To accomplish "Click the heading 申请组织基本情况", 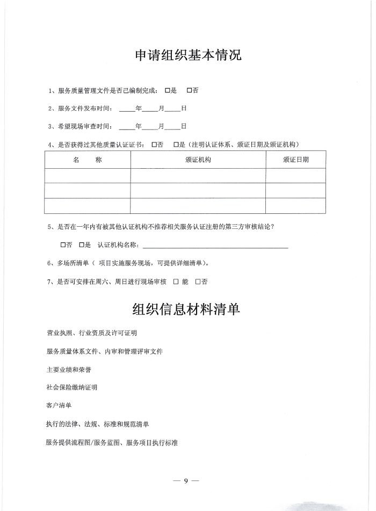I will tap(187, 55).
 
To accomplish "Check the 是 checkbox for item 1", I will tap(168, 91).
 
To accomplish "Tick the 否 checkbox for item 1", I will tap(189, 91).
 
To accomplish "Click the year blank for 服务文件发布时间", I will tap(127, 109).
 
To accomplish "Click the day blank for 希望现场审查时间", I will tap(172, 127).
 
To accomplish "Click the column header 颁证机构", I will tap(198, 160).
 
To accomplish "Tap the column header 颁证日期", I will tap(295, 160).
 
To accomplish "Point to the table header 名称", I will tap(87, 160).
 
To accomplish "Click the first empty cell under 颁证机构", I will tap(198, 176).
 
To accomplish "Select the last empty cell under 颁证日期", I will tap(295, 206).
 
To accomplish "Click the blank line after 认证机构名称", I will tap(215, 246).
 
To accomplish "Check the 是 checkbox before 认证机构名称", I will tap(81, 246).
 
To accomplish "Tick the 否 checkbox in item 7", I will tap(198, 282).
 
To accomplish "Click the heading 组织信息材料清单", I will tap(186, 310).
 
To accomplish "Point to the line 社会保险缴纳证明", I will tap(72, 387).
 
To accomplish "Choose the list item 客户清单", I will tap(59, 405).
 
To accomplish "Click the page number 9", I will tap(186, 480).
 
